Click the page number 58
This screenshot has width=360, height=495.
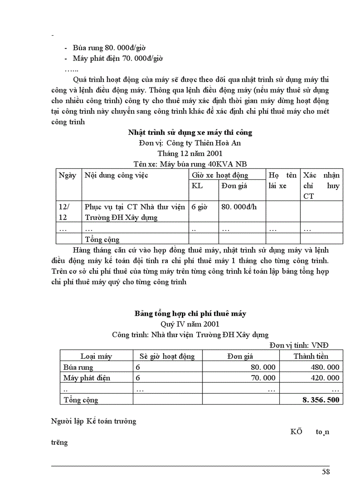point(326,472)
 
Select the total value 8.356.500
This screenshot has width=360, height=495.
point(321,400)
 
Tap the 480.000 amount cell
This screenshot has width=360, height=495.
point(324,367)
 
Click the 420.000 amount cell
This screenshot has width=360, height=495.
point(324,378)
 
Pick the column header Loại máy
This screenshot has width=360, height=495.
point(96,356)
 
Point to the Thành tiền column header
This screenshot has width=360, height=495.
point(311,356)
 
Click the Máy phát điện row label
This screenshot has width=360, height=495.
point(86,378)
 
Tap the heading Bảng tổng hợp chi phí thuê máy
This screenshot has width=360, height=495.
point(190,314)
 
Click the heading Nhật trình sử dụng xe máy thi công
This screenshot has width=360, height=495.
point(190,132)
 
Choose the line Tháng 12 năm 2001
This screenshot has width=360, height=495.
point(190,153)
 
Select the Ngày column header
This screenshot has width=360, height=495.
point(67,175)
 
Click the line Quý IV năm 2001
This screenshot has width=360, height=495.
point(190,324)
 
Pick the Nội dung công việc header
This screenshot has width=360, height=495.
point(116,175)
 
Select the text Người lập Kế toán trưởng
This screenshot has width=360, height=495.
point(94,421)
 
